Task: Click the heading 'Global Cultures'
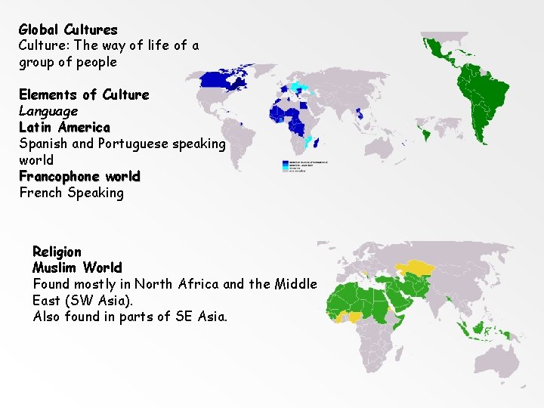point(68,29)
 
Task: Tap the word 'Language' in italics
point(48,111)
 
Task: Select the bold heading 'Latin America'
point(64,127)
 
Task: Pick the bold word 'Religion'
point(57,251)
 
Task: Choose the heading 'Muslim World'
point(77,267)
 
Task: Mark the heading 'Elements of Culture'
point(84,94)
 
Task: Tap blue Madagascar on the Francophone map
point(314,142)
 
